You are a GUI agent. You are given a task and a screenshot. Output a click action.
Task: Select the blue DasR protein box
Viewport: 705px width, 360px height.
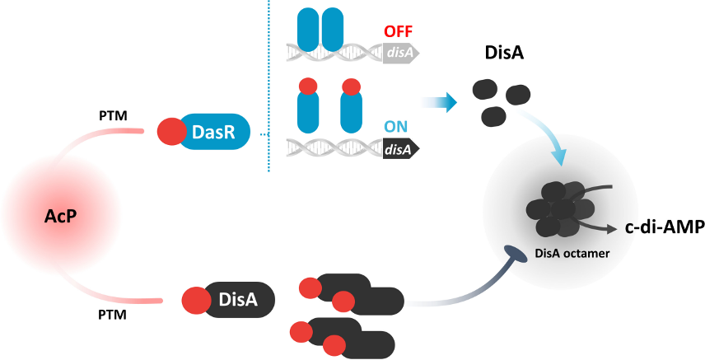(x=208, y=132)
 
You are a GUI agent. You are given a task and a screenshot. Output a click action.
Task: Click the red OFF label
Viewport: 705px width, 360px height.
(x=399, y=32)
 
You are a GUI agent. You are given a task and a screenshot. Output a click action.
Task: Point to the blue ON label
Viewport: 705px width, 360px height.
(x=396, y=127)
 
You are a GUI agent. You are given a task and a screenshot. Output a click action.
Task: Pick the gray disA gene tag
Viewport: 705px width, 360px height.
(x=401, y=54)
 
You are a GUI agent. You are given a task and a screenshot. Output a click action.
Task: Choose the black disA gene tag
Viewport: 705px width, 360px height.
(x=401, y=149)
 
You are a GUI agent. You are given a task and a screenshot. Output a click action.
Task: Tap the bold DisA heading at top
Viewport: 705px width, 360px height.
(x=504, y=54)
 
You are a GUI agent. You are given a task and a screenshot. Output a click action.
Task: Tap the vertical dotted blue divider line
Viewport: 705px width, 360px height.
(x=269, y=86)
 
